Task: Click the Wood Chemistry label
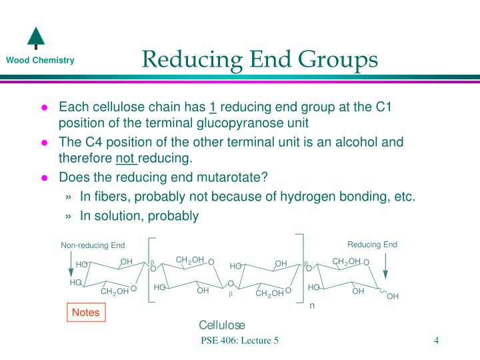click(x=40, y=61)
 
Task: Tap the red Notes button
click(x=85, y=312)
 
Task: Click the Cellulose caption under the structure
click(x=222, y=325)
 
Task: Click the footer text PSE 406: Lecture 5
click(x=239, y=341)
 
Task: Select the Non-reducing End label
click(x=93, y=245)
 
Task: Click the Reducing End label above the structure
click(x=372, y=245)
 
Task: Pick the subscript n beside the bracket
click(x=311, y=306)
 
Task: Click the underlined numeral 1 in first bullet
click(x=213, y=107)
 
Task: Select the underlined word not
click(x=125, y=158)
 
